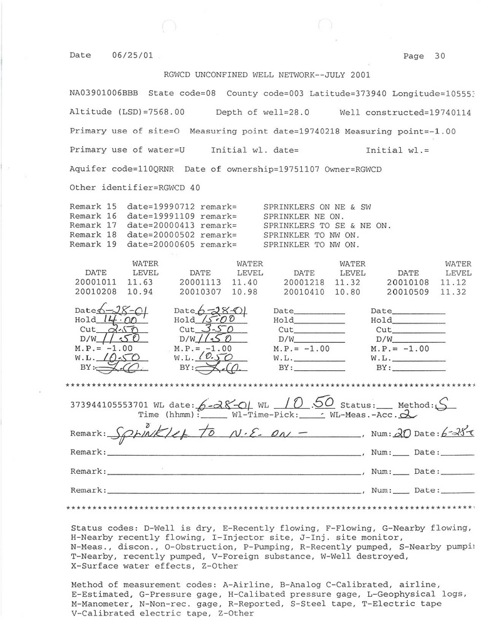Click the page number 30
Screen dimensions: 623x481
[440, 56]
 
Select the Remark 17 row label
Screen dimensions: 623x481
[93, 225]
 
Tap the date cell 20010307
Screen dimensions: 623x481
[200, 292]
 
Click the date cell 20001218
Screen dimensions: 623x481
[304, 283]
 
